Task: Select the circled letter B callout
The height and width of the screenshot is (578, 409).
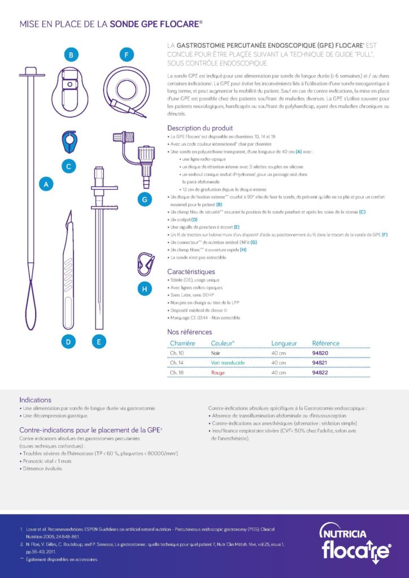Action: [71, 55]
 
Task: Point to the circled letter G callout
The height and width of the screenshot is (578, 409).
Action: [145, 199]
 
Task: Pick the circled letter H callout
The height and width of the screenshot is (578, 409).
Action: [145, 289]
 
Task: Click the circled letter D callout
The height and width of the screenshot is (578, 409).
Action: [68, 341]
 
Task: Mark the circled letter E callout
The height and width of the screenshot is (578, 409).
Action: [99, 341]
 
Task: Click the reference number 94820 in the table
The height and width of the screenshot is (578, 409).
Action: [320, 353]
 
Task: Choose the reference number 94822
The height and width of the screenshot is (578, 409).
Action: [320, 373]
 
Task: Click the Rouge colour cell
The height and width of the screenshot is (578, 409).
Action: [218, 373]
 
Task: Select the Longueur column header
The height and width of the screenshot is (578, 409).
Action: [284, 343]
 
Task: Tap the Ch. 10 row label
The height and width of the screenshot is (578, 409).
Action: [177, 353]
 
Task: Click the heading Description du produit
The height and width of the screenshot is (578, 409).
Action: [200, 128]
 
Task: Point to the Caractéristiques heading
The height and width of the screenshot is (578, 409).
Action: [192, 272]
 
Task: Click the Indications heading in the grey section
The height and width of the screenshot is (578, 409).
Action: [35, 399]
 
